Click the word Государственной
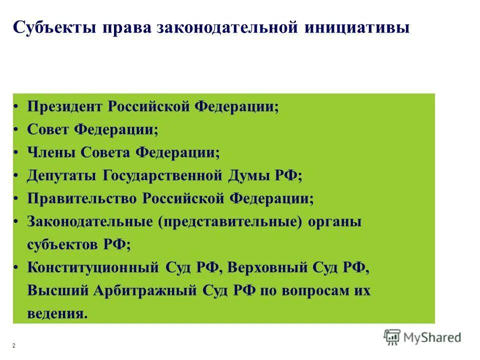pos(163,175)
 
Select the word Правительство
pos(81,198)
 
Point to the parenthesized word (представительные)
pos(230,221)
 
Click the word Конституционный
pos(92,267)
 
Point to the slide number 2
pos(13,346)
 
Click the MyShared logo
pos(422,337)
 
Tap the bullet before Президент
pos(16,107)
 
